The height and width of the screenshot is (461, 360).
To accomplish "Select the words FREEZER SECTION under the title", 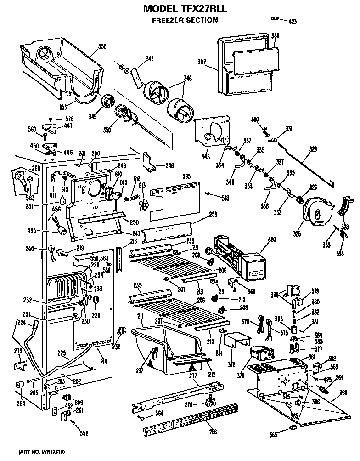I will tap(185, 20).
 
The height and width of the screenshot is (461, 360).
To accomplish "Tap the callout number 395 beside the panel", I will tap(186, 177).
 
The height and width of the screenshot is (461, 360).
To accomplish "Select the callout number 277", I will tap(192, 376).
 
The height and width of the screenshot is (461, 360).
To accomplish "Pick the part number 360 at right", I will tap(343, 393).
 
